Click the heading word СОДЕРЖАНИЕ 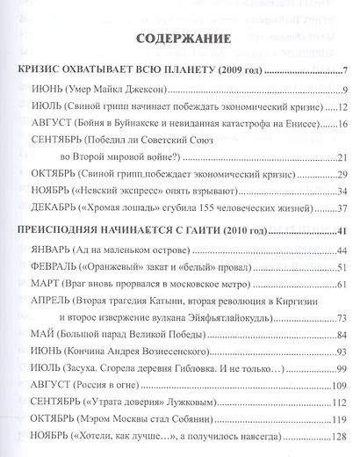180,40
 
